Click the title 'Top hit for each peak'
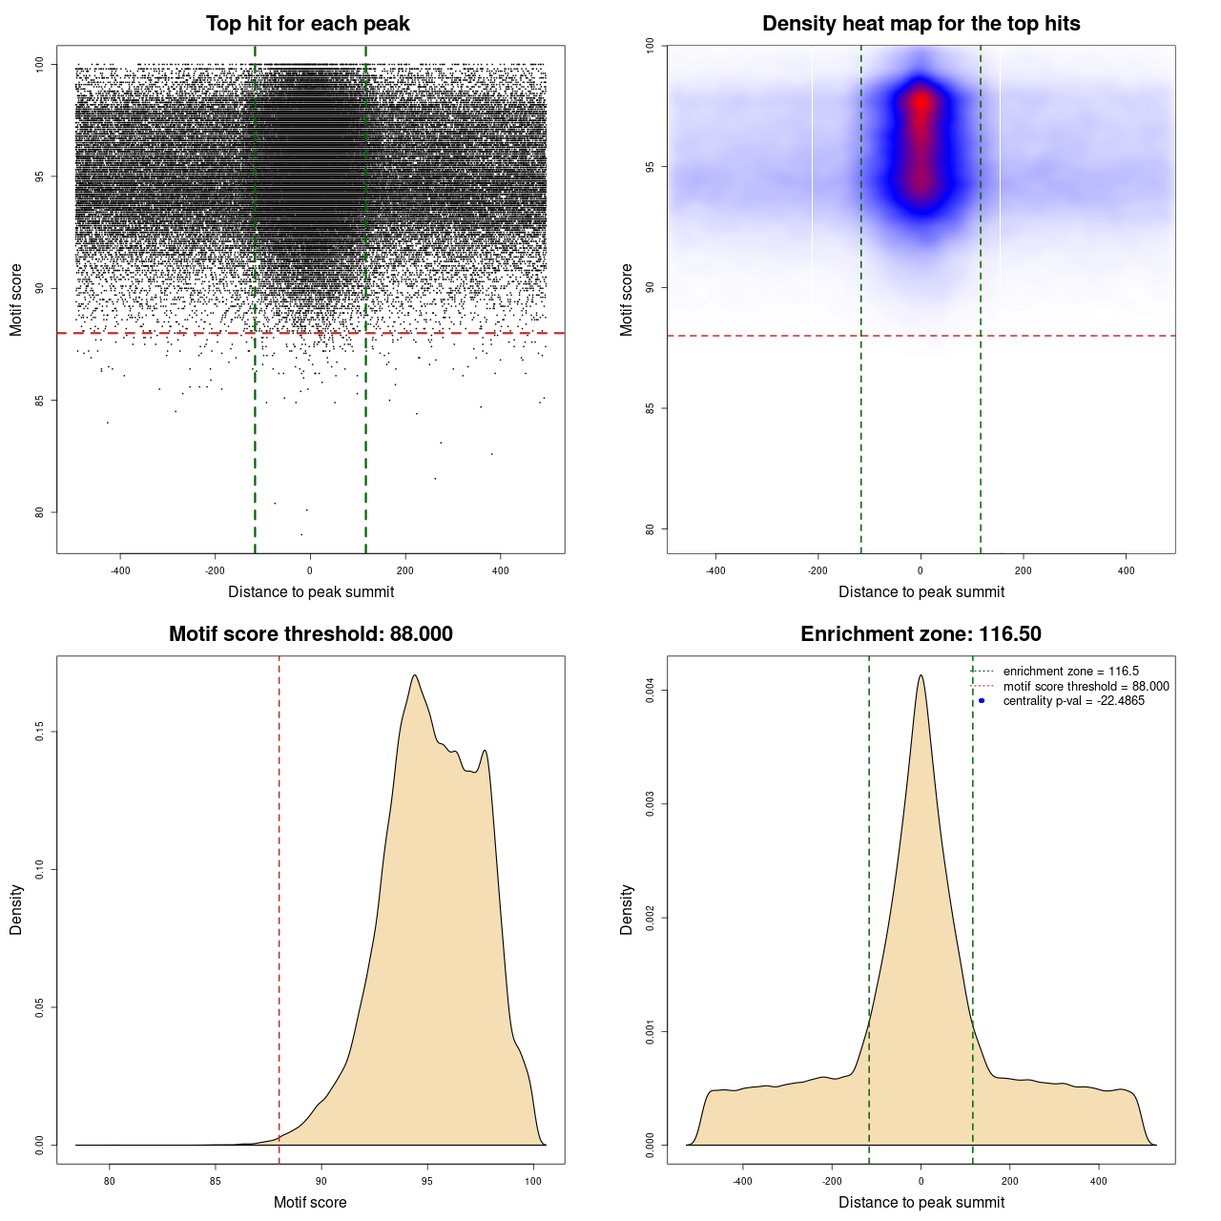click(x=308, y=24)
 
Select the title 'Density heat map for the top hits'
click(x=921, y=24)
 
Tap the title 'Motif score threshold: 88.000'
click(x=310, y=634)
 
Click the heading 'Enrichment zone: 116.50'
click(x=921, y=634)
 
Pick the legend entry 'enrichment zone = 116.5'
click(x=1070, y=672)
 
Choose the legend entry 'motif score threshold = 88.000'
click(x=1086, y=686)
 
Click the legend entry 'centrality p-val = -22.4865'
click(x=1073, y=701)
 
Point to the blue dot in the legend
click(x=982, y=701)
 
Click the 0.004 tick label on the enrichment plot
click(x=651, y=691)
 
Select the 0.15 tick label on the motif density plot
click(x=40, y=732)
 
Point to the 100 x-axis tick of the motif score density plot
click(x=533, y=1181)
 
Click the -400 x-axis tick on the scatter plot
click(x=120, y=570)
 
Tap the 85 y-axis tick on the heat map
click(x=651, y=408)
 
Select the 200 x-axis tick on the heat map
click(x=1023, y=570)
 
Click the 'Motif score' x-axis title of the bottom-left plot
click(x=310, y=1202)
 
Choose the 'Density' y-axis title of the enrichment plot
click(x=627, y=909)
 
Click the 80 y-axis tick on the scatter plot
click(x=40, y=512)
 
